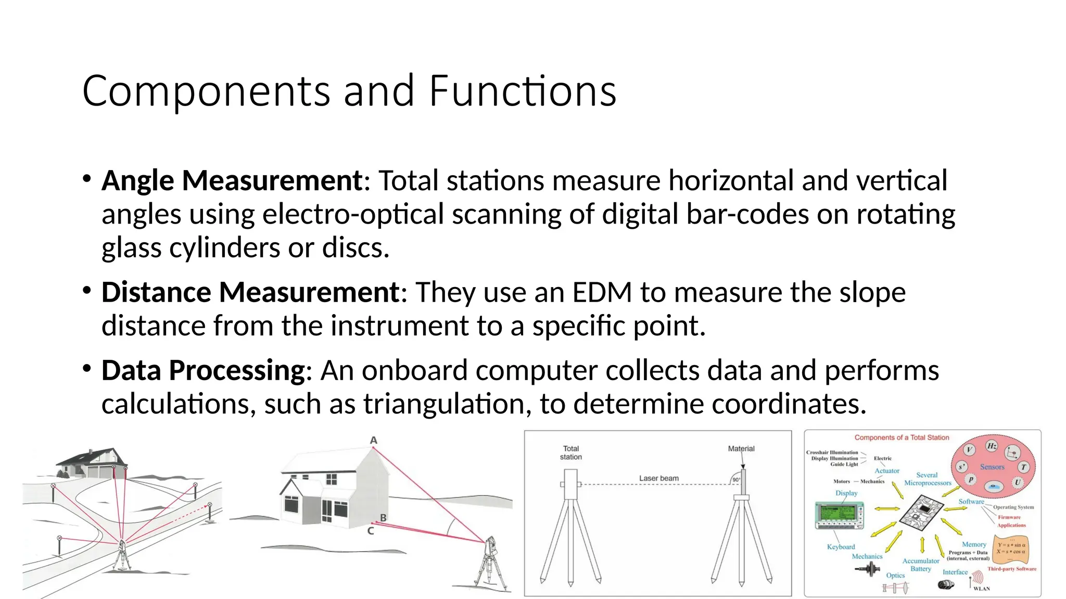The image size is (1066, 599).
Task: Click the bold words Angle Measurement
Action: (x=232, y=181)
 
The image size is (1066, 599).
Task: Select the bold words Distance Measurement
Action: (x=250, y=292)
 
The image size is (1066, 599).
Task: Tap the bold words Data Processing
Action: (x=203, y=371)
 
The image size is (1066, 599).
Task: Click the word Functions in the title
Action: (x=523, y=92)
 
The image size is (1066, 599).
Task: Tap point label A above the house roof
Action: (x=373, y=440)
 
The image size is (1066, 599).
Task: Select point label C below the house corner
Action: (x=371, y=531)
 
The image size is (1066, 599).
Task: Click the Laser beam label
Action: (x=658, y=478)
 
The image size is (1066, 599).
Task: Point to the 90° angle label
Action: (x=736, y=480)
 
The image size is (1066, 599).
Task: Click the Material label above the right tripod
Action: (x=741, y=448)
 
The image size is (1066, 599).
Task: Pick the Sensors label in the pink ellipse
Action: (x=992, y=467)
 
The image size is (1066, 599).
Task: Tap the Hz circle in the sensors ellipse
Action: (x=992, y=446)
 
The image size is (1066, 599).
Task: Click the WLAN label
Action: (x=982, y=589)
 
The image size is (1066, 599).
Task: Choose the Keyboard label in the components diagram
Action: (x=841, y=547)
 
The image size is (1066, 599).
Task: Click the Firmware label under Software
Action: (x=1009, y=517)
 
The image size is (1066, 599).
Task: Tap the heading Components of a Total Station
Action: (x=902, y=438)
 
